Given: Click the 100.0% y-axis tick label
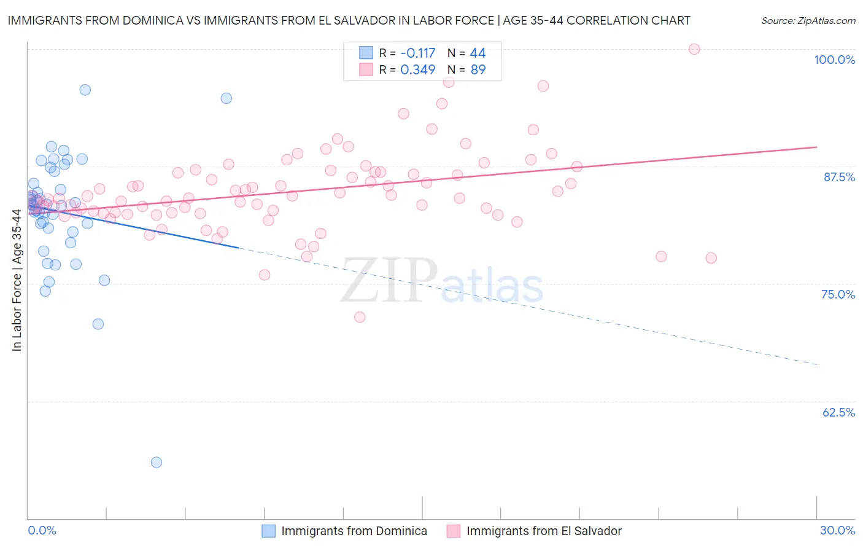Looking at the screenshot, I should (x=834, y=60).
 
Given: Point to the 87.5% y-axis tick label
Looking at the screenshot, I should (x=838, y=177).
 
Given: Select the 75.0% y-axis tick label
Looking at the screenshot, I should (x=838, y=294).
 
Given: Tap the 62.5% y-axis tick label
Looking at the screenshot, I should (x=838, y=412).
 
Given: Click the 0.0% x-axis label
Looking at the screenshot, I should (x=42, y=530).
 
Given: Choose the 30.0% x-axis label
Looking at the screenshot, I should (x=837, y=530).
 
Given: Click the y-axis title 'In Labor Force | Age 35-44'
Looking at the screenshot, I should (x=17, y=280).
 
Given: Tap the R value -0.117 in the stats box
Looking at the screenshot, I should (x=417, y=53).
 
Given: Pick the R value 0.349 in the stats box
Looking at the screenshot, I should (x=417, y=69).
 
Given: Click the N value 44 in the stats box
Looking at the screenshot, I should (x=478, y=53).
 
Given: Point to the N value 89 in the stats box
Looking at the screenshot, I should (x=478, y=69).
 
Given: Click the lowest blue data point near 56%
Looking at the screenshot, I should (x=157, y=462).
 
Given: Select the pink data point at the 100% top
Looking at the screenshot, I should (x=694, y=49).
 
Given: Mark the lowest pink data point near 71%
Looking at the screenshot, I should (x=360, y=317).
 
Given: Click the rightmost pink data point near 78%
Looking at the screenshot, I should (x=711, y=258).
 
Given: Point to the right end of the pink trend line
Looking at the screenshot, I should (x=816, y=147).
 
